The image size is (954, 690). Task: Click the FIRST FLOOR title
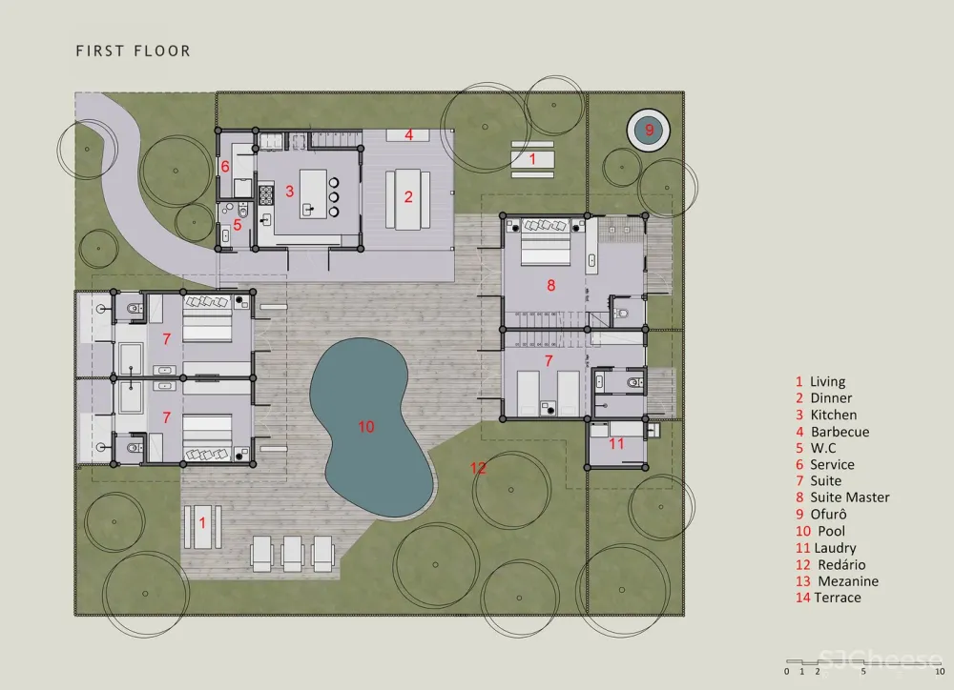(134, 51)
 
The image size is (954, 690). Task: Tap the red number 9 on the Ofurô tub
(649, 130)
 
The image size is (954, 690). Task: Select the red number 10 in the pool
(365, 427)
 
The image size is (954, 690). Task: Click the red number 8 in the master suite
(551, 285)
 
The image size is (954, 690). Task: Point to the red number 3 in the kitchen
(290, 192)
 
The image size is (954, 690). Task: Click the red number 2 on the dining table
(408, 197)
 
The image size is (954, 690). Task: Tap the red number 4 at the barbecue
(409, 134)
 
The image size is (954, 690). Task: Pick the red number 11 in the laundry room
(616, 444)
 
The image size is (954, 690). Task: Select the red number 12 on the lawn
(478, 468)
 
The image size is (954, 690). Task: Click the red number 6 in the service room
(225, 166)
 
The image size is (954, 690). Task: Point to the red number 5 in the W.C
(238, 225)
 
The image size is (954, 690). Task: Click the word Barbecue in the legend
(840, 432)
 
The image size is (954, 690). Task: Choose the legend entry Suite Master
(849, 497)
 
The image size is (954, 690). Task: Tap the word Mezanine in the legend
(848, 581)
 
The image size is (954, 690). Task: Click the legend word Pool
(831, 532)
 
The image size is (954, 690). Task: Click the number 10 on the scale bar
(940, 672)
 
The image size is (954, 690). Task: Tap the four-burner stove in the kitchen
(266, 194)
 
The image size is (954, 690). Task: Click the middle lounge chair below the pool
(293, 553)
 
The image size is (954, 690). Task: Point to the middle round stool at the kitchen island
(334, 197)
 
